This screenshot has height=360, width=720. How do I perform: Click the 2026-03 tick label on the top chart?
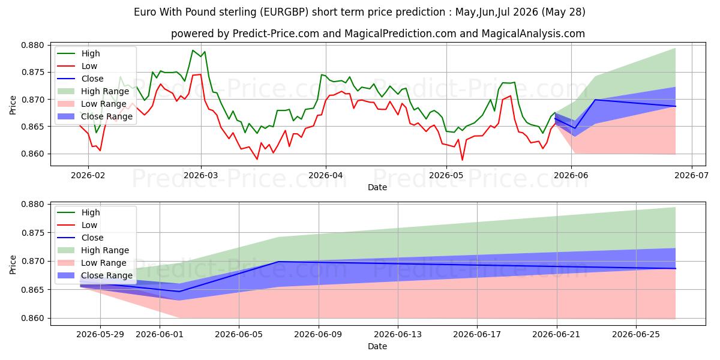pyautogui.click(x=200, y=175)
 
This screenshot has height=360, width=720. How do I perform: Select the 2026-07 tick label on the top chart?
pyautogui.click(x=691, y=175)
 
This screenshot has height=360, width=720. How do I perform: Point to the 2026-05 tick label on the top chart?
pyautogui.click(x=446, y=175)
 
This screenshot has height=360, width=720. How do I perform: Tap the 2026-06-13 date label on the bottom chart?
pyautogui.click(x=398, y=334)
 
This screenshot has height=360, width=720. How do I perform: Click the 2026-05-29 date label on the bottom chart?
pyautogui.click(x=100, y=334)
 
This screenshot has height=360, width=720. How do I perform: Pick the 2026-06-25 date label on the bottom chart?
pyautogui.click(x=636, y=334)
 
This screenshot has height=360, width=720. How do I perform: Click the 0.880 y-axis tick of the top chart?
pyautogui.click(x=32, y=45)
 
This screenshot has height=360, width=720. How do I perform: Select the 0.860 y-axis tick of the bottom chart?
pyautogui.click(x=32, y=318)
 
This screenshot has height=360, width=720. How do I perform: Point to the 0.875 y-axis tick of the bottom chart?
pyautogui.click(x=32, y=233)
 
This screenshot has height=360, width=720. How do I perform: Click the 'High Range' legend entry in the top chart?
pyautogui.click(x=93, y=91)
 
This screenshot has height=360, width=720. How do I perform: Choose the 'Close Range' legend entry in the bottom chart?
pyautogui.click(x=95, y=275)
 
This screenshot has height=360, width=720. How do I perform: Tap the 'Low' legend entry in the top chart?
pyautogui.click(x=77, y=66)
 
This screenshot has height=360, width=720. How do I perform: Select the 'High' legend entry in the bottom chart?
pyautogui.click(x=79, y=212)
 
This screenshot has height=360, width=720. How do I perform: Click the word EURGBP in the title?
pyautogui.click(x=284, y=12)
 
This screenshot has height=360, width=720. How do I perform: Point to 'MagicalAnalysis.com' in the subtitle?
pyautogui.click(x=533, y=34)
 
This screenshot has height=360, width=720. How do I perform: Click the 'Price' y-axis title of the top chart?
pyautogui.click(x=13, y=105)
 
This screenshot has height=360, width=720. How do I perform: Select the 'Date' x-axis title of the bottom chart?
pyautogui.click(x=377, y=346)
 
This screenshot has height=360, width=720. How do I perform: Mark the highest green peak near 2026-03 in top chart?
pyautogui.click(x=193, y=50)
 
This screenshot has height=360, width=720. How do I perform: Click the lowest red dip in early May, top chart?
pyautogui.click(x=462, y=160)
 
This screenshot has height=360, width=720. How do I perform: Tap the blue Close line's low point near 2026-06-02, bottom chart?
pyautogui.click(x=179, y=292)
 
